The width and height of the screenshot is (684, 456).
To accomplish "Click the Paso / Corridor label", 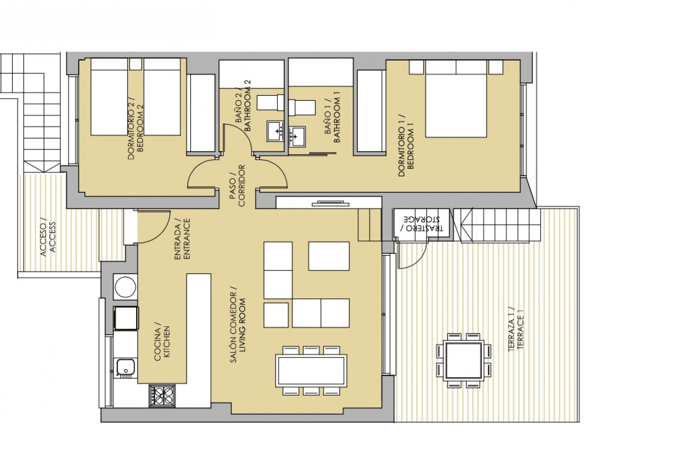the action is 238,185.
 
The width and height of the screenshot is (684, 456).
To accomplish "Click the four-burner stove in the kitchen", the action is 162,395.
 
